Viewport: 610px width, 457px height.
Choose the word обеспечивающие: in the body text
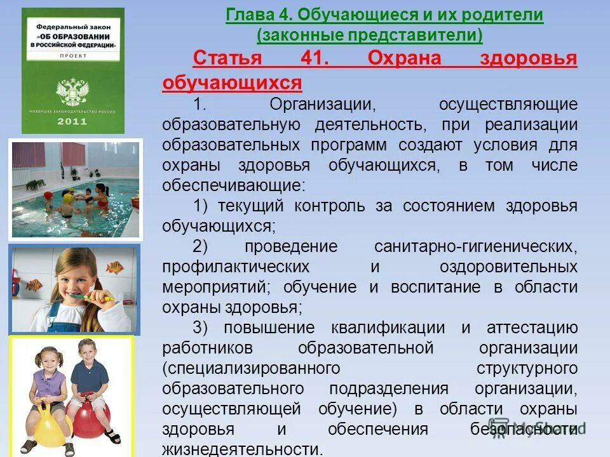[x=234, y=186]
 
